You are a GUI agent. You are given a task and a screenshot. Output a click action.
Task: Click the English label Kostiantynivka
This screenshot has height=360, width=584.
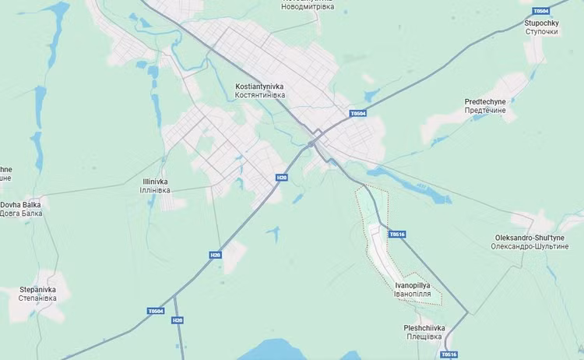[259, 86]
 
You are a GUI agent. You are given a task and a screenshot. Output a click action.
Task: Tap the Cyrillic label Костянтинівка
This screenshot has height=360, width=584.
[259, 95]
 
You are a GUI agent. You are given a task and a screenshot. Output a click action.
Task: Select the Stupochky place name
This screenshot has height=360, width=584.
[541, 23]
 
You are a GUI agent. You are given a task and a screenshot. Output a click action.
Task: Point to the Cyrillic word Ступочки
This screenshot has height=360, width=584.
[541, 33]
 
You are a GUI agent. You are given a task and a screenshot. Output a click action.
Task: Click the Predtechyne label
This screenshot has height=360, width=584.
[485, 101]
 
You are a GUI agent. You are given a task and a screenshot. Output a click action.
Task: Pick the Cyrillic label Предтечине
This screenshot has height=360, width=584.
[485, 111]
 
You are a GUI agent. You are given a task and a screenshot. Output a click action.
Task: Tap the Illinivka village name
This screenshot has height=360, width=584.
[155, 182]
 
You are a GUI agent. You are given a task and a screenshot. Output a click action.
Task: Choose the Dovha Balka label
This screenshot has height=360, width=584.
[20, 204]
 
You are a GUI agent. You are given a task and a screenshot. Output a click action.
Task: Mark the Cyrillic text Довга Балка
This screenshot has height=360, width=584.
[21, 214]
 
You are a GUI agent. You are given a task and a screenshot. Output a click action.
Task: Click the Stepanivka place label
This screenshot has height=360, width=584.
[38, 289]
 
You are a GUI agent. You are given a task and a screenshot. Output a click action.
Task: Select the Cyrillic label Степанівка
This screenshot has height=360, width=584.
[38, 298]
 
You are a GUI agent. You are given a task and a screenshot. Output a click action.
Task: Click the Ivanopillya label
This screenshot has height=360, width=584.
[413, 286]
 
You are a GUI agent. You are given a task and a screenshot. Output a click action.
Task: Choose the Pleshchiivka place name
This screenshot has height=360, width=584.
[424, 328]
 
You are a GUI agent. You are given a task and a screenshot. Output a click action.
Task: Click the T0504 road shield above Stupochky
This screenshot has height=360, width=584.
[540, 11]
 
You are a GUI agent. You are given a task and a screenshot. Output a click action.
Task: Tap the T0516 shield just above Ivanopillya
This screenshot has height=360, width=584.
[397, 234]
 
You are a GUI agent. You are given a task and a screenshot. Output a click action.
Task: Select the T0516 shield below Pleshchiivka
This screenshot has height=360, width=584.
[449, 355]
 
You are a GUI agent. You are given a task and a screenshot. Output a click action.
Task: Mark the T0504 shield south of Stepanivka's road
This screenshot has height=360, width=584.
[156, 311]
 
